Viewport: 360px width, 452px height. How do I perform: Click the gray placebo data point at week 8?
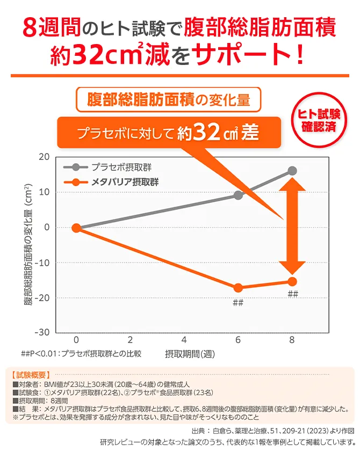[292, 171]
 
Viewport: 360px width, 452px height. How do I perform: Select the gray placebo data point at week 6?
[238, 195]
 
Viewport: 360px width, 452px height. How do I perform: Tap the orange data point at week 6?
[238, 288]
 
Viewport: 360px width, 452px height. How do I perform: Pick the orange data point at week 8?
[292, 281]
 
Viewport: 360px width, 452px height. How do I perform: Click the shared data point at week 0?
[76, 228]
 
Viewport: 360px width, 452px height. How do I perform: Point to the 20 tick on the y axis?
[44, 157]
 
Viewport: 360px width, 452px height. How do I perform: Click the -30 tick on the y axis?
[41, 332]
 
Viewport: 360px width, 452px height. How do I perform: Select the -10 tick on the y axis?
[41, 263]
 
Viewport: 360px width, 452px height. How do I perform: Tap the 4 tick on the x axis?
[184, 340]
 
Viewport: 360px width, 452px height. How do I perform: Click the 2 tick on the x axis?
[131, 340]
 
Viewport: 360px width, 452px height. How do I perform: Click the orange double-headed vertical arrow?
[292, 225]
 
